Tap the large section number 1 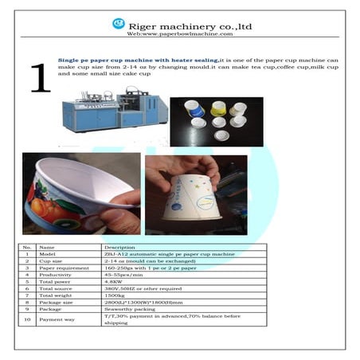click(x=39, y=76)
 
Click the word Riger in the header click(x=146, y=25)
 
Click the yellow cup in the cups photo click(x=217, y=106)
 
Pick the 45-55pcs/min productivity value click(x=122, y=274)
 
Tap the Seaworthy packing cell click(x=127, y=309)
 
